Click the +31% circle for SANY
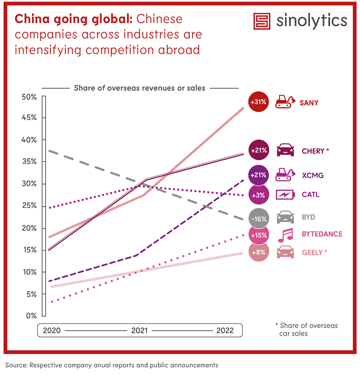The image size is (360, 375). (x=258, y=102)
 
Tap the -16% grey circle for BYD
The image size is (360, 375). (x=258, y=218)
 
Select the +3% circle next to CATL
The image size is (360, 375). (x=258, y=195)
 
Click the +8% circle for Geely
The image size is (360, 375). (x=258, y=252)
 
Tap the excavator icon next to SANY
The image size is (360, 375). (x=285, y=102)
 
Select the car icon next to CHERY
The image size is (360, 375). (x=285, y=150)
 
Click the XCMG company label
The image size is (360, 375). (x=312, y=175)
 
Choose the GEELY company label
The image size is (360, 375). (x=314, y=252)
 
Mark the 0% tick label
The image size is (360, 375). (x=31, y=316)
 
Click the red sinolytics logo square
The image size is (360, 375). (x=262, y=22)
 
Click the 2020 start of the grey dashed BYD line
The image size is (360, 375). (x=50, y=151)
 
